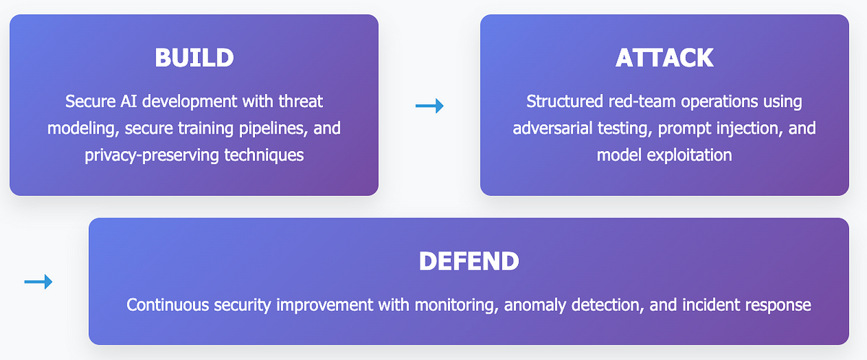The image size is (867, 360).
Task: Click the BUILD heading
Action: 194,58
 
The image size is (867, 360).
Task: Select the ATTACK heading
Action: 664,58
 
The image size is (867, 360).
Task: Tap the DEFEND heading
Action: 469,261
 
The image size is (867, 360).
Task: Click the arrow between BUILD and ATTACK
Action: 429,106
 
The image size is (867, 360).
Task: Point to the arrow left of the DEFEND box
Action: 38,282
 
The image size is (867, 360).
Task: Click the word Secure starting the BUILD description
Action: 90,101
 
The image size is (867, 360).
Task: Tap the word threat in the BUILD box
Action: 301,101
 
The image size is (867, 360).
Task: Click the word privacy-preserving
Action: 152,155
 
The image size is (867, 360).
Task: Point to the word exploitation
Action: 689,155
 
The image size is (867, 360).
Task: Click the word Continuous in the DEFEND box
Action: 168,305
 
